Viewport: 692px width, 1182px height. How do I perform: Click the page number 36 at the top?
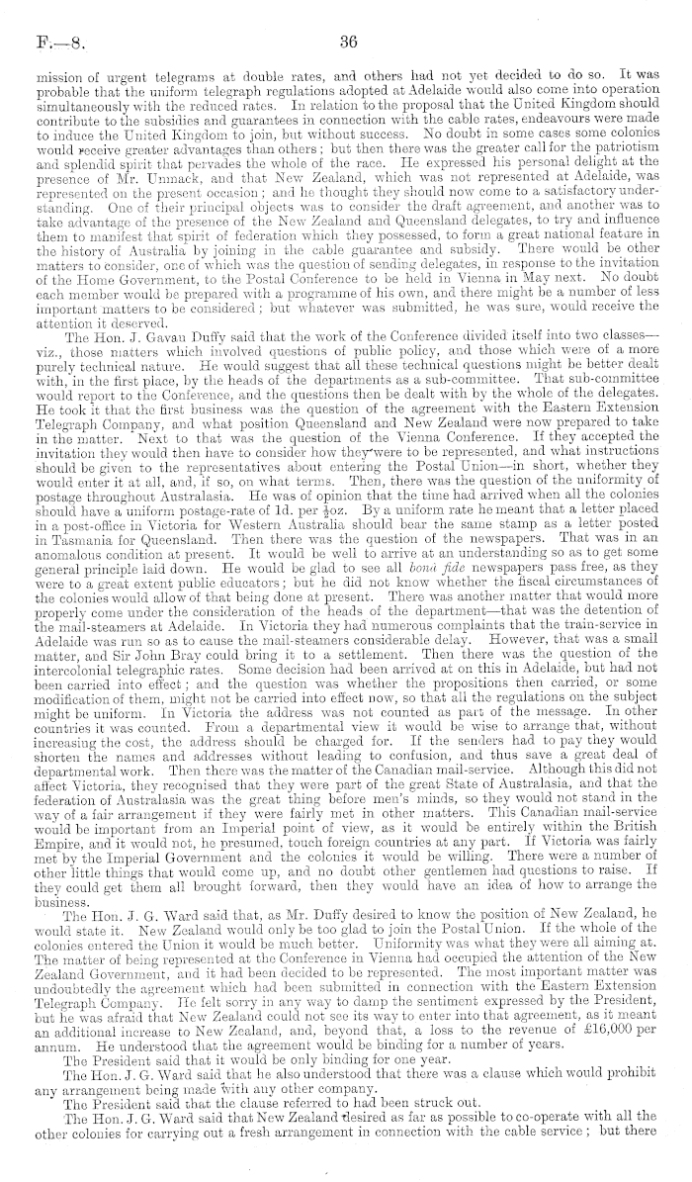(x=346, y=42)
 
